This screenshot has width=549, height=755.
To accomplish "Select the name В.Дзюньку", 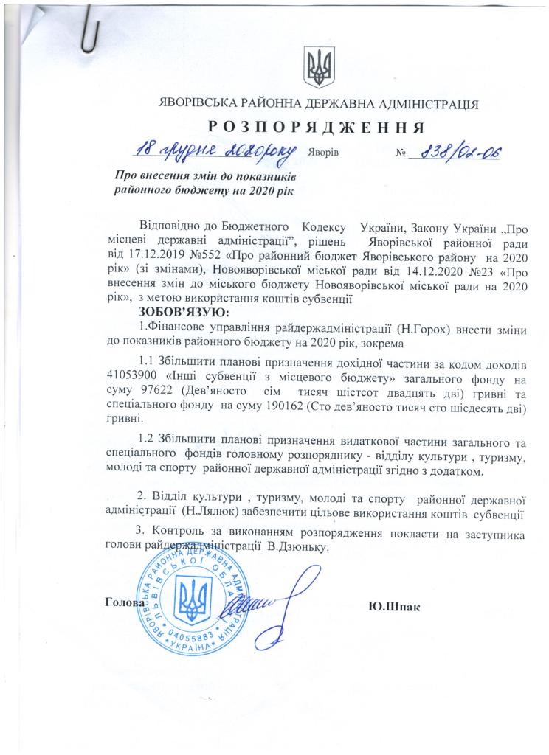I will [291, 548].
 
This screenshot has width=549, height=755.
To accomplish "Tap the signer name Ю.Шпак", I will [393, 607].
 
